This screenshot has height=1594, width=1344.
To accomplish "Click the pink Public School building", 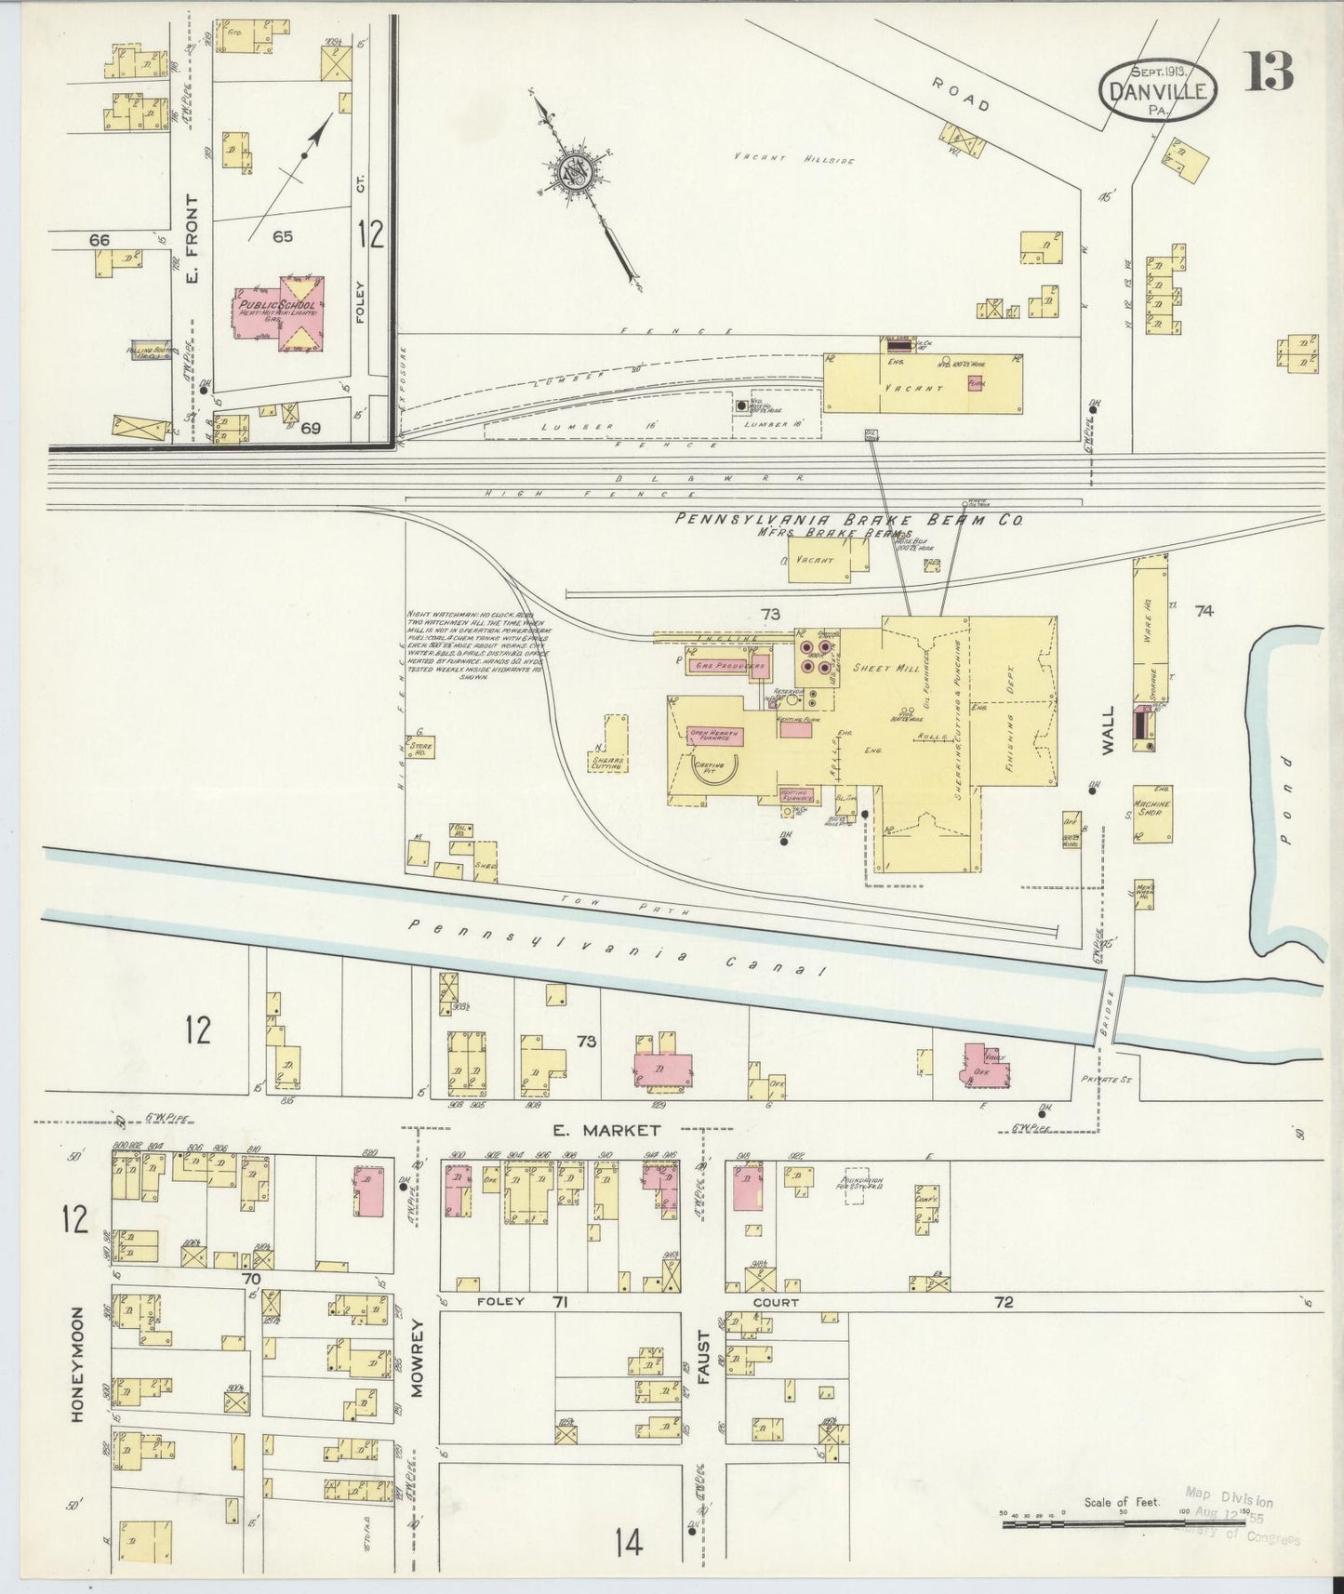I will click(280, 313).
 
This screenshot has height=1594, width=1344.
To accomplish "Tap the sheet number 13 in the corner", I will click(1270, 73).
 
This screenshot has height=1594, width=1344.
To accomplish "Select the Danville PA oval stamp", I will click(1158, 91).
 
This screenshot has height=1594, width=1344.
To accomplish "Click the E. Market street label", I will click(605, 1130).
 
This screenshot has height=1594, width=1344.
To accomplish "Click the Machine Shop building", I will click(1151, 812).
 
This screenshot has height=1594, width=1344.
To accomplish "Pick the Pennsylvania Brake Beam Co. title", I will click(848, 520).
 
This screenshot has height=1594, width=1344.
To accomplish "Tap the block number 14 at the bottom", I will click(628, 1543).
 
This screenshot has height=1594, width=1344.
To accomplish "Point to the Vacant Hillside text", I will click(793, 159).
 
